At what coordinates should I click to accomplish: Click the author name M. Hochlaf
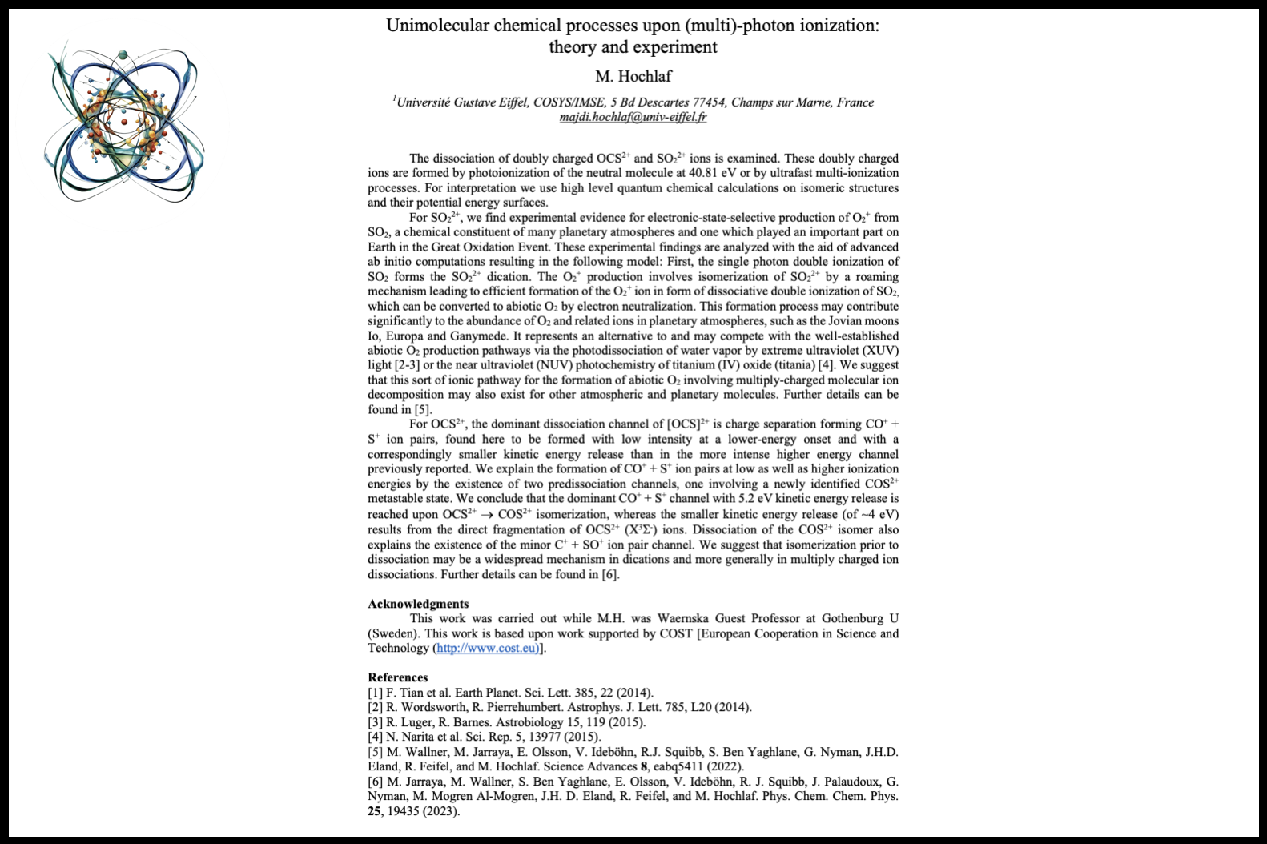coord(633,77)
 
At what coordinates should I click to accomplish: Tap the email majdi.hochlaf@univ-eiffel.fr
coord(633,117)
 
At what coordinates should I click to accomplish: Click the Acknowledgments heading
coord(418,604)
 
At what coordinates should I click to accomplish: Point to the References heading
coord(398,677)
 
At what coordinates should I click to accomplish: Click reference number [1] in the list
coord(375,693)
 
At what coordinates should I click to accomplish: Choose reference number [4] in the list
coord(375,737)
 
